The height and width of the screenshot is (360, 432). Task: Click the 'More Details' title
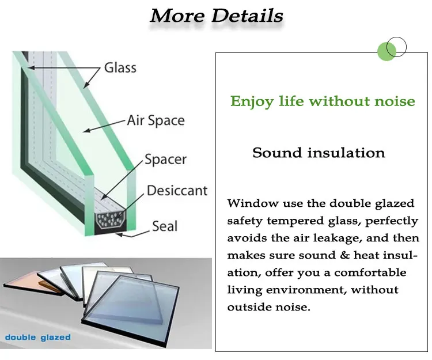(x=217, y=16)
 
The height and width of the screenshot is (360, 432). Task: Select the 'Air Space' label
(x=156, y=121)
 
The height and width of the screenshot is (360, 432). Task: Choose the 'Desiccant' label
(x=177, y=190)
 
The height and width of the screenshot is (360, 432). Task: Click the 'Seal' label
(x=165, y=226)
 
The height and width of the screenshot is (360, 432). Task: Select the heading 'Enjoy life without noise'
(x=323, y=102)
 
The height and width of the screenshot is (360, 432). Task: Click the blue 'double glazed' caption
(x=38, y=338)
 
